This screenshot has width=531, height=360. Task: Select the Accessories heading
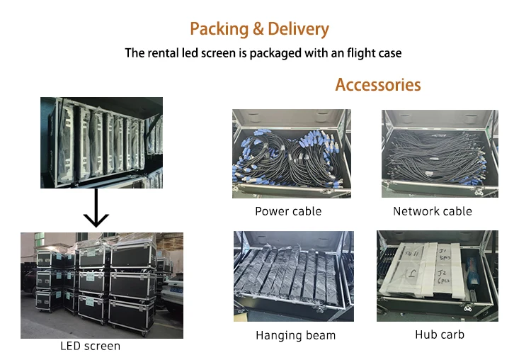point(377,85)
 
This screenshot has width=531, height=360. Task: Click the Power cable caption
point(288,211)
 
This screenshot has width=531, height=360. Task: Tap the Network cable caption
point(432,211)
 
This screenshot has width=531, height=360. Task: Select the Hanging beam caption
point(295,335)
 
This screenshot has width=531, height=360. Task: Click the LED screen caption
point(90,347)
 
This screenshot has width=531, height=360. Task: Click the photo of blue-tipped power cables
point(291,154)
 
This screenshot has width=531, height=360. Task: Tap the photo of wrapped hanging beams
point(293,276)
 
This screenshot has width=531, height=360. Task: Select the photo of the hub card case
point(437,276)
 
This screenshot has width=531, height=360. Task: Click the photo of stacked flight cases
point(101,285)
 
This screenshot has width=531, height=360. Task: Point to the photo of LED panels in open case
point(101,142)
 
